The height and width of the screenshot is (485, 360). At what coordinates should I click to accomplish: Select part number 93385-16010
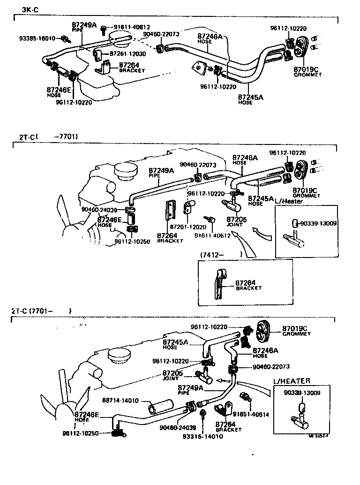(37, 38)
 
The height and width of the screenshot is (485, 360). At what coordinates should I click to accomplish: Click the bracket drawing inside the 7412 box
(220, 284)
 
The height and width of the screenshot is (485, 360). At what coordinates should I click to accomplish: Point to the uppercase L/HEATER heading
(291, 381)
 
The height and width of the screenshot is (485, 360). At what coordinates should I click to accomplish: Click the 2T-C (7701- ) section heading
(41, 311)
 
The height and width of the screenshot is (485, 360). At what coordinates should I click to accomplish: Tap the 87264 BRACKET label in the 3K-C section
(132, 68)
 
